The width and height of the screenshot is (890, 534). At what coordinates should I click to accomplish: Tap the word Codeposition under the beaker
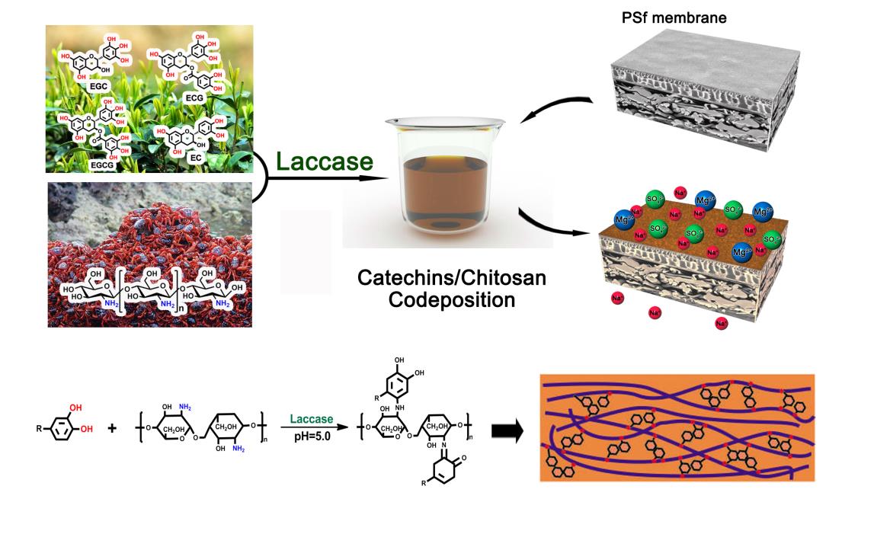pos(451,299)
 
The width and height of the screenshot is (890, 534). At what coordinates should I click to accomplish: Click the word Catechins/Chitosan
pos(452,277)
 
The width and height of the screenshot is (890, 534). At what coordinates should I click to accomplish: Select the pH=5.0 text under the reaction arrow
pos(312,436)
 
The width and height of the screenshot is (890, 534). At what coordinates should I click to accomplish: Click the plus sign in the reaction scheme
pos(112,428)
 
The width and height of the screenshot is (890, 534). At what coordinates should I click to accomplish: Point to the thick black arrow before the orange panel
pos(507,432)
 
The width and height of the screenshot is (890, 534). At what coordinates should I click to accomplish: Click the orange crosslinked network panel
pos(677,427)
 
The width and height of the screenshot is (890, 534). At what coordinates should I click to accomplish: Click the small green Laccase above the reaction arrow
pos(312,419)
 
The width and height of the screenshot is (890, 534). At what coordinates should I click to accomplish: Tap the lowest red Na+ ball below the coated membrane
pos(721,324)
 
